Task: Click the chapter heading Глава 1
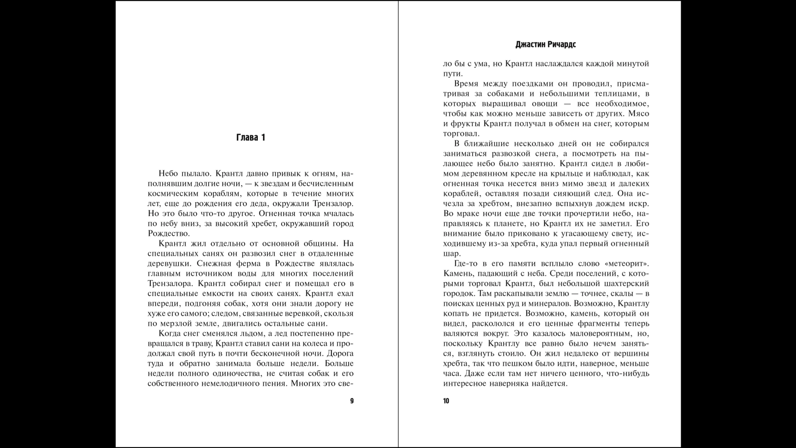(x=250, y=138)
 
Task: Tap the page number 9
(x=352, y=401)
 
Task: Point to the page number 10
(x=446, y=401)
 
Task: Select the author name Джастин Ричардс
(x=546, y=45)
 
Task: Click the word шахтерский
(x=625, y=283)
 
